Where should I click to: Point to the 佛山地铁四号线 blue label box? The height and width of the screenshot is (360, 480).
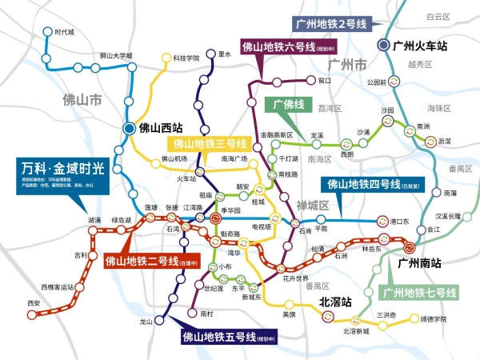pos(376,184)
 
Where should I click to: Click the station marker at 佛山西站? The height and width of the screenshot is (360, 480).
pos(129,127)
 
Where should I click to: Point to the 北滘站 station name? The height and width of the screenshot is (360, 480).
pos(335,302)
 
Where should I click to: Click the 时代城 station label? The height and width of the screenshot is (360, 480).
pos(64,32)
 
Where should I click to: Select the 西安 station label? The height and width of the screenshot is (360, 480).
pos(33,302)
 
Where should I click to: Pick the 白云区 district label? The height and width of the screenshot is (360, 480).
pos(439,15)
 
